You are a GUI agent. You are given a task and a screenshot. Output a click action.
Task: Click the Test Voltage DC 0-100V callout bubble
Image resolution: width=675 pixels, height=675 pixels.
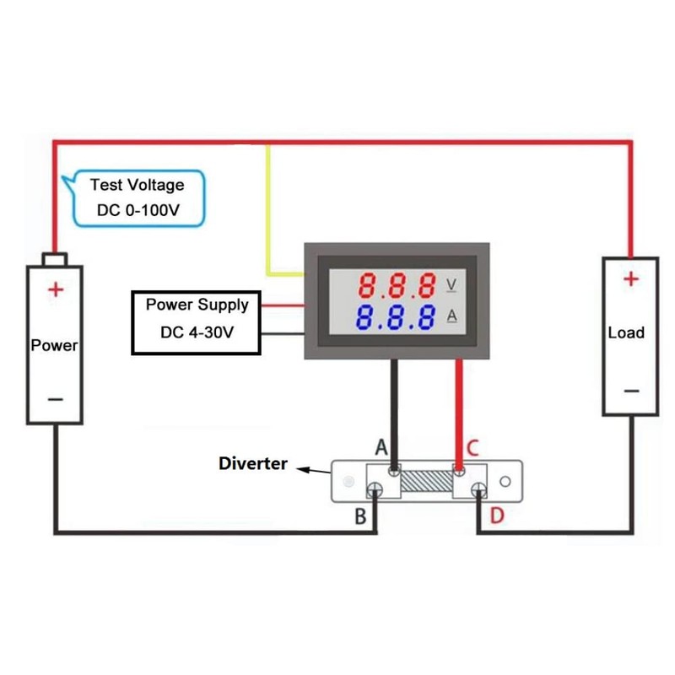pyautogui.click(x=138, y=197)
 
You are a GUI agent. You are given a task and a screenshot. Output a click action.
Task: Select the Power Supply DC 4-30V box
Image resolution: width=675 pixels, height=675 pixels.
pyautogui.click(x=197, y=318)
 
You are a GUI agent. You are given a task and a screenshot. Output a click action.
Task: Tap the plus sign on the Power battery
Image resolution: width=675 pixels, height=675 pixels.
pyautogui.click(x=55, y=290)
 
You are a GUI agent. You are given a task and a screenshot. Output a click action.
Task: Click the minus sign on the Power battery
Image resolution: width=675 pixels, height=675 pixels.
pyautogui.click(x=55, y=397)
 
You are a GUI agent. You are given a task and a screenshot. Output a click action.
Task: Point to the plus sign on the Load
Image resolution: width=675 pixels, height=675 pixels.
pyautogui.click(x=630, y=278)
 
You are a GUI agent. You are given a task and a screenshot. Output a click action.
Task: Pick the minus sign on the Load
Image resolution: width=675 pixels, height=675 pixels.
pyautogui.click(x=630, y=391)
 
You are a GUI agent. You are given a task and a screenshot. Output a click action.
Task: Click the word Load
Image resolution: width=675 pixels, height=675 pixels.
pyautogui.click(x=626, y=332)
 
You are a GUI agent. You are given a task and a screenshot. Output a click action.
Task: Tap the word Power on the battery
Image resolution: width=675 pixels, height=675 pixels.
pyautogui.click(x=54, y=345)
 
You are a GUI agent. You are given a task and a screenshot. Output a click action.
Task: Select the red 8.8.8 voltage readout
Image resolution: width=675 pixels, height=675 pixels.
pyautogui.click(x=397, y=285)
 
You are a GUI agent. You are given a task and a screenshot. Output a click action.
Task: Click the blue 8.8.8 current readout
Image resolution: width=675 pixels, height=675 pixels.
pyautogui.click(x=397, y=317)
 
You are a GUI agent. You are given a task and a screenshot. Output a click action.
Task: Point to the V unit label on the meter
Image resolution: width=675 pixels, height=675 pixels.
pyautogui.click(x=451, y=284)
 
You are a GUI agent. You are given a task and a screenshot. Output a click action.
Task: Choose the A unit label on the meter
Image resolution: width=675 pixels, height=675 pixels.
pyautogui.click(x=451, y=316)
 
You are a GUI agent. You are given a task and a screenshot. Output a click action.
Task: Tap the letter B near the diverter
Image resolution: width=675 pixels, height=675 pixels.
pyautogui.click(x=360, y=516)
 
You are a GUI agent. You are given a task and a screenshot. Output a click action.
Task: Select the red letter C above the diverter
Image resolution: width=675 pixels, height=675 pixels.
pyautogui.click(x=472, y=449)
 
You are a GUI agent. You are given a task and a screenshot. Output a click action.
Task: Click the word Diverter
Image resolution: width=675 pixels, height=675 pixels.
pyautogui.click(x=253, y=463)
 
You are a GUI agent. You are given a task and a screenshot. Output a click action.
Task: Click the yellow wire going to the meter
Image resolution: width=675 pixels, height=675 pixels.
pyautogui.click(x=268, y=211)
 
